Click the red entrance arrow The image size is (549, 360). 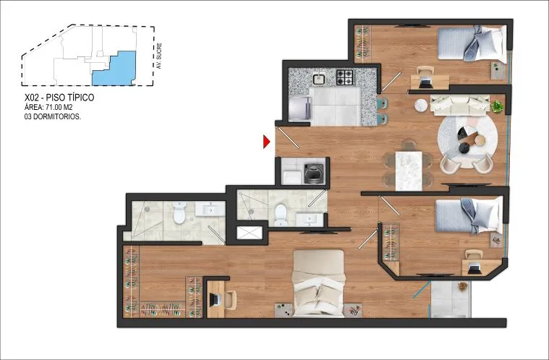coord(266,142)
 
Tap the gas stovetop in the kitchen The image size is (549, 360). coord(344,77)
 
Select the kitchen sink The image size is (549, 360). coord(319,79)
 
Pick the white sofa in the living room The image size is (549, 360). coord(459,105)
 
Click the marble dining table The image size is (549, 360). coord(409,171)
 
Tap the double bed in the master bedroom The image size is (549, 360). coord(318,283)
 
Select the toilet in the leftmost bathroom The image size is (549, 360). coord(179,213)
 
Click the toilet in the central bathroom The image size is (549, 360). coord(281,215)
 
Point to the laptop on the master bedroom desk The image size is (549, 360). coord(215,299)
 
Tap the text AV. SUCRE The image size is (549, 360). coord(159,56)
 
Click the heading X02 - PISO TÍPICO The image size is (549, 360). coord(59,98)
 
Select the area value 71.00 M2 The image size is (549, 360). coord(59,108)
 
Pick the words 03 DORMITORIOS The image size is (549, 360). coord(53,117)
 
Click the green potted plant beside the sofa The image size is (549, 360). coord(497,106)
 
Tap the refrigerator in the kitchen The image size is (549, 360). coord(299,108)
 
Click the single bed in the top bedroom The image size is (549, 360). coord(472,43)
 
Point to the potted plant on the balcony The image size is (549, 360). coord(462,286)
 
